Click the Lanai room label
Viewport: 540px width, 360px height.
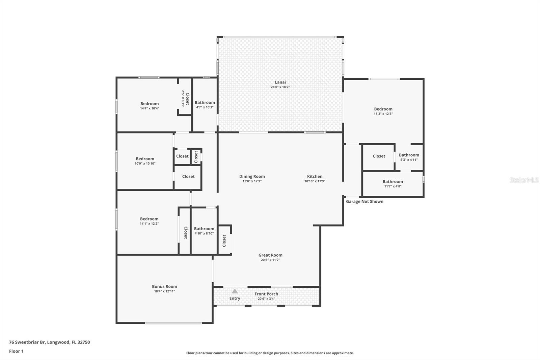click(280, 82)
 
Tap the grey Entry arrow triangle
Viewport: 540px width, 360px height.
click(235, 291)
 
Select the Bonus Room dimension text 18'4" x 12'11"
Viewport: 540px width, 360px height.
click(164, 291)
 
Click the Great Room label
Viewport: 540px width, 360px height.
click(270, 255)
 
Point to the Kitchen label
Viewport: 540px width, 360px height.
click(315, 176)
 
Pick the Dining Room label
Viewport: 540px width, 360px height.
click(252, 176)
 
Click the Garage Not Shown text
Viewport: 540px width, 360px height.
click(364, 202)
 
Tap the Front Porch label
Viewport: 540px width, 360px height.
click(266, 294)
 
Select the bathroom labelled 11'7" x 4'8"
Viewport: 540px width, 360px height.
click(393, 183)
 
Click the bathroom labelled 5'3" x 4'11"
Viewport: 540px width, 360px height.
click(409, 157)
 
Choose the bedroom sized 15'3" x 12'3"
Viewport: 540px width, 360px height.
click(383, 111)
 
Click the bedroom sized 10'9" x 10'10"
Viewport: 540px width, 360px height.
click(145, 161)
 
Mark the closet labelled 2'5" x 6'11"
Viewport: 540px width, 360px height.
click(185, 99)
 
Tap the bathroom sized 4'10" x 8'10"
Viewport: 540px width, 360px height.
click(204, 231)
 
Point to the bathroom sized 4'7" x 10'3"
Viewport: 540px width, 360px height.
click(205, 104)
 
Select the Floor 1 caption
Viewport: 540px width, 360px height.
click(16, 351)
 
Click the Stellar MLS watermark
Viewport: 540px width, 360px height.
click(524, 180)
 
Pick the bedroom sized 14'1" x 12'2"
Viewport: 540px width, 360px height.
click(149, 221)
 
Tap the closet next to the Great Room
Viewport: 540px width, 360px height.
click(224, 241)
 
